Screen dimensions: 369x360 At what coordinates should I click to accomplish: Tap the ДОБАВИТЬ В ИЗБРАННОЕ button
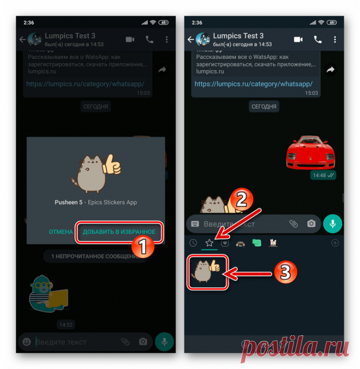point(119,232)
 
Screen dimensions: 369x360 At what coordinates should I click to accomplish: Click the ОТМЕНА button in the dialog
point(61,232)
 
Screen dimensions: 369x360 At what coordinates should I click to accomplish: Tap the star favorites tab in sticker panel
point(209,243)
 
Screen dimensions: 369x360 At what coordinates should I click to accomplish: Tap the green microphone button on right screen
point(332,223)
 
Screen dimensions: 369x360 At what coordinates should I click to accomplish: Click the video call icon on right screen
point(298,39)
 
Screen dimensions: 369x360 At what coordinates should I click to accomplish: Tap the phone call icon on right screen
point(317,39)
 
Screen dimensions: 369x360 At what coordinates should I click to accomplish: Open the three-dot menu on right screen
point(335,39)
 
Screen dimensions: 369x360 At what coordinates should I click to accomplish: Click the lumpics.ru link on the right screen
point(253,84)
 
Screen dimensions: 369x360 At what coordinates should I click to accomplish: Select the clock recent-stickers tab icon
point(193,243)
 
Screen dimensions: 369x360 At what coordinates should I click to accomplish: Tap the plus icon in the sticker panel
point(335,243)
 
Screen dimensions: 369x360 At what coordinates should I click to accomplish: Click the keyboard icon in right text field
point(195,223)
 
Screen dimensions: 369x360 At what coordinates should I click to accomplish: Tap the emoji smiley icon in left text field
point(26,342)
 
